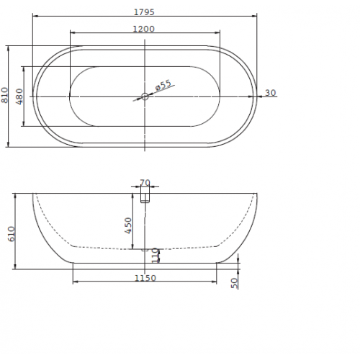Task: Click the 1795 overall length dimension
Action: click(144, 12)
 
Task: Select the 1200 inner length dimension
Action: click(144, 29)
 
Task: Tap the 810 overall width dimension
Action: click(4, 95)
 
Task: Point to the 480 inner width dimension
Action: click(19, 96)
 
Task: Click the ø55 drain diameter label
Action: click(163, 85)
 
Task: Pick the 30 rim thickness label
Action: click(271, 93)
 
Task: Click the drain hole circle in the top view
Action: click(145, 96)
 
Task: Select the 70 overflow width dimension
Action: click(145, 183)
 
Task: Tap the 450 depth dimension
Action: click(128, 225)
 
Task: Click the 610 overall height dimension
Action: click(12, 234)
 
